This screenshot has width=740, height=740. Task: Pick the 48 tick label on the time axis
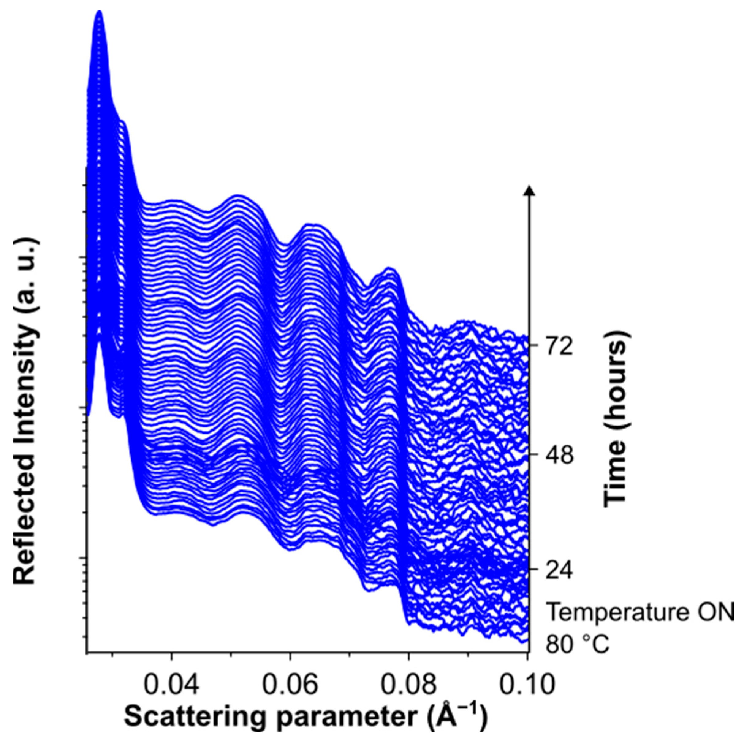[560, 455]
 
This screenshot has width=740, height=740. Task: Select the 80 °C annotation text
[577, 645]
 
